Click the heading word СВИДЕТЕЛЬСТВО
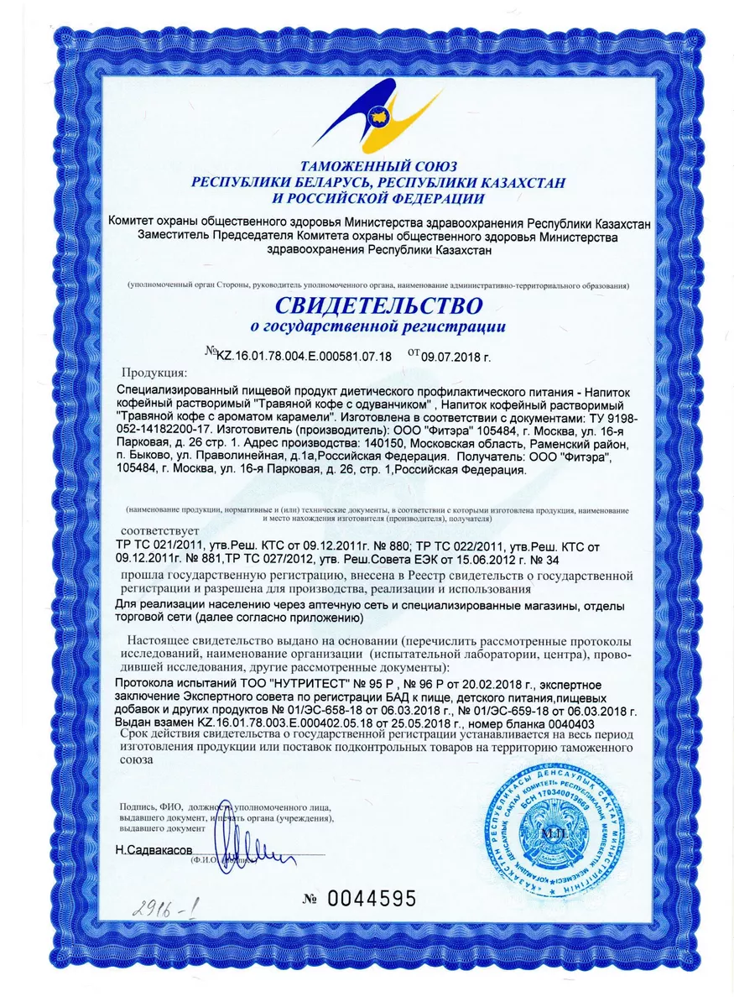click(378, 303)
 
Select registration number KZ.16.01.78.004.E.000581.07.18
click(304, 356)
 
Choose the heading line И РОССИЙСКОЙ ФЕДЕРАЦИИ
click(378, 198)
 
